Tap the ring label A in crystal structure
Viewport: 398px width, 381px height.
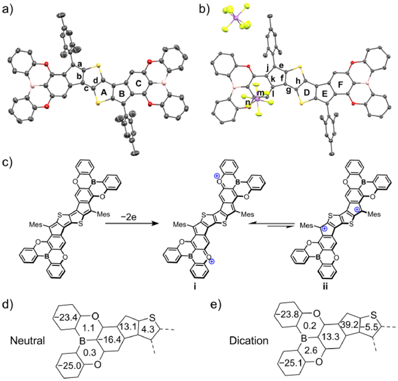103,93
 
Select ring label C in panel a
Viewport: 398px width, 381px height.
138,83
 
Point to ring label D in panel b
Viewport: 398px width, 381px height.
307,93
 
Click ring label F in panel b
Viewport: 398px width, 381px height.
341,84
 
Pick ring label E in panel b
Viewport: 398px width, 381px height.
325,94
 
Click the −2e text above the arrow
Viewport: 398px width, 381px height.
130,218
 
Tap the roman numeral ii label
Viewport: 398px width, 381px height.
325,286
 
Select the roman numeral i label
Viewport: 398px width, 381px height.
194,286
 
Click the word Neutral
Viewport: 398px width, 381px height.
27,341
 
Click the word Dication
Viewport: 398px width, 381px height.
249,341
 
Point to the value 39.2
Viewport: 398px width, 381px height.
349,325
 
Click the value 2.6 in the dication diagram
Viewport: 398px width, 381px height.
312,350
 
